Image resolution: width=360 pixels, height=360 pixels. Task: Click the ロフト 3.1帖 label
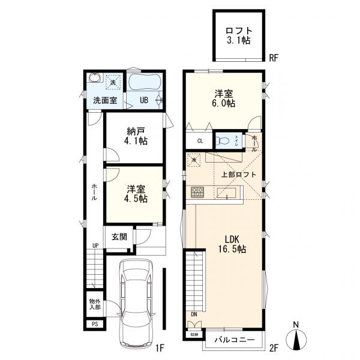tap(239, 36)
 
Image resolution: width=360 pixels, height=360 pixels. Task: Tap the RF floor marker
tap(274, 58)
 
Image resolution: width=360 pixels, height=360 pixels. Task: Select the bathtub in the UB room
tap(144, 82)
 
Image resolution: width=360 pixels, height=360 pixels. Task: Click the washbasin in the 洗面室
tap(94, 78)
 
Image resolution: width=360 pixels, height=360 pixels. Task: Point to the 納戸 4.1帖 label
tap(136, 136)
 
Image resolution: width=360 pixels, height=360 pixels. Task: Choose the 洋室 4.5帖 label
tap(136, 194)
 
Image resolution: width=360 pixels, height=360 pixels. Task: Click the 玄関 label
tap(119, 237)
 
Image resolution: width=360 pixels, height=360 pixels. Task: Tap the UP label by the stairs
tap(95, 245)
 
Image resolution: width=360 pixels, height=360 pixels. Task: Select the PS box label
tap(95, 324)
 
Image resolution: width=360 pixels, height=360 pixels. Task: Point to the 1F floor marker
tap(160, 348)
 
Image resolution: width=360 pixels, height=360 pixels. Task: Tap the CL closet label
tap(200, 141)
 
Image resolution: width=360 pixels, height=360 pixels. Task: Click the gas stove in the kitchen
tap(197, 192)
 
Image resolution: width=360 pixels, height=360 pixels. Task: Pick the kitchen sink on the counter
tap(227, 193)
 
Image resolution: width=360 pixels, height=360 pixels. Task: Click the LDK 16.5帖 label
tap(232, 244)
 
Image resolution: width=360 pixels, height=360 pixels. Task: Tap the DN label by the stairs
tap(194, 314)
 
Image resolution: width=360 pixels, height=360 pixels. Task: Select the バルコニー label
tap(235, 340)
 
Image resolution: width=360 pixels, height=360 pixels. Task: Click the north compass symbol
tap(296, 337)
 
